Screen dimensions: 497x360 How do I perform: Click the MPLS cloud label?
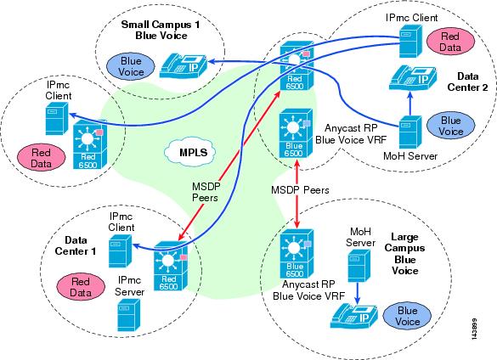point(193,153)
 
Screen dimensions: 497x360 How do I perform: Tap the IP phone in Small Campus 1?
point(183,66)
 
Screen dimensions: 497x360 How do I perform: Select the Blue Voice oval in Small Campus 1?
point(131,66)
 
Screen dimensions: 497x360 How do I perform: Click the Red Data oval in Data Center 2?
point(450,42)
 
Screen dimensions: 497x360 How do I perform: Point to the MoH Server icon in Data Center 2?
point(410,132)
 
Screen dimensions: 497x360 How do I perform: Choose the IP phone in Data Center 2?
point(413,78)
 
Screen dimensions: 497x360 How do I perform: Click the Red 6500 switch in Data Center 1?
point(170,267)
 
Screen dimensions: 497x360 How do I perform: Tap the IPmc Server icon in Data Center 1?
point(128,315)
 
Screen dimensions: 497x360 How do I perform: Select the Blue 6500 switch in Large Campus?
point(297,254)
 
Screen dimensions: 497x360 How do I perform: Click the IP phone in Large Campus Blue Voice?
point(354,316)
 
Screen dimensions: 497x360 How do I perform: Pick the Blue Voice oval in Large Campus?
point(407,316)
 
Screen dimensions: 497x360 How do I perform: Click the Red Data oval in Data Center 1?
point(81,287)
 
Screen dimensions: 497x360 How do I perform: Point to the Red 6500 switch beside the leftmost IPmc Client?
point(90,144)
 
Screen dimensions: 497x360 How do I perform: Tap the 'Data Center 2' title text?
point(467,82)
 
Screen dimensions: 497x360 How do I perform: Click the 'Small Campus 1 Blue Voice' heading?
point(161,30)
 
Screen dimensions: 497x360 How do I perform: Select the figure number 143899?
point(474,329)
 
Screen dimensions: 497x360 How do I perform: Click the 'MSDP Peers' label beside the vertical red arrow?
point(300,190)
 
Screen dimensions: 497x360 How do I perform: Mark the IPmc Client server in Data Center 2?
point(410,42)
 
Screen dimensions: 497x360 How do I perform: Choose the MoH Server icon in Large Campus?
point(359,266)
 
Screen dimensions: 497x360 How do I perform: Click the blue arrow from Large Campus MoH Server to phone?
point(357,293)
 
